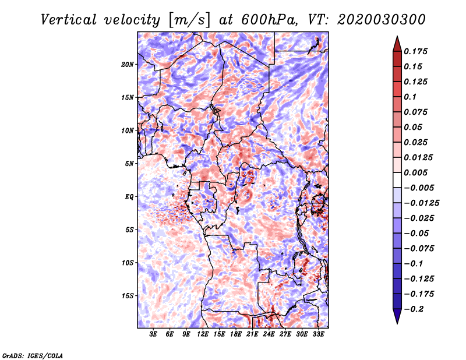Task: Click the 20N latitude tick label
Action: click(x=128, y=65)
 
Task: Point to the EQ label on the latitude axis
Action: click(x=129, y=197)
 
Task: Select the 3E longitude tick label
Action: click(x=153, y=334)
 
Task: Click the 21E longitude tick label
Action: click(x=252, y=334)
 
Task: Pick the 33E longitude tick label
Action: click(x=318, y=334)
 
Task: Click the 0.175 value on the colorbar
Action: click(x=415, y=51)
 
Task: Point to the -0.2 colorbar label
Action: click(x=414, y=309)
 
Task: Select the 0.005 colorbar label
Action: click(x=415, y=172)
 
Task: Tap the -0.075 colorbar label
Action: click(x=419, y=249)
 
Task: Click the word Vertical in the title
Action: click(x=69, y=20)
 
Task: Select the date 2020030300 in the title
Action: click(x=382, y=20)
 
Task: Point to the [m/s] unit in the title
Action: click(x=189, y=20)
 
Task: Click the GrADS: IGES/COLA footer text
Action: click(x=33, y=356)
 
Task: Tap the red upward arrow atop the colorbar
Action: click(x=397, y=44)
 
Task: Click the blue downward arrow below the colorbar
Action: click(x=397, y=316)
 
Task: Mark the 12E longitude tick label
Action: click(x=203, y=334)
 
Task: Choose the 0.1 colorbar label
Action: click(x=410, y=97)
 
